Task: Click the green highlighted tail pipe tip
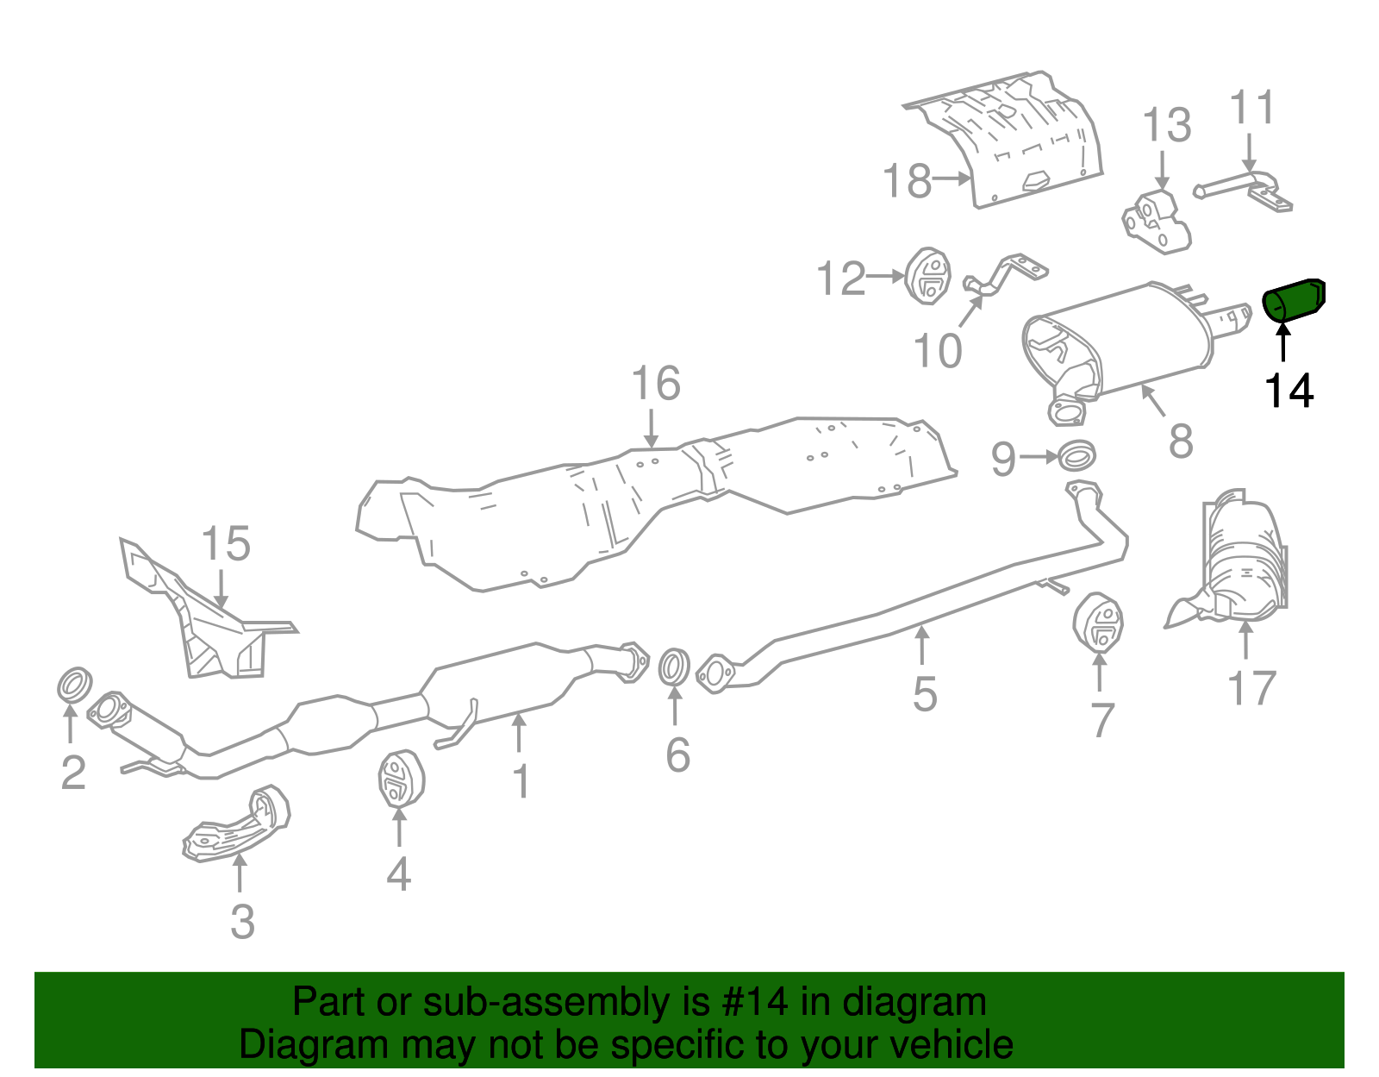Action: point(1294,299)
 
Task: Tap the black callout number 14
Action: point(1289,391)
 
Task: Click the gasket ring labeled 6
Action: point(674,668)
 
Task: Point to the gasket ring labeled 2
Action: point(74,684)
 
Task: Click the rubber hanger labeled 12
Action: point(928,276)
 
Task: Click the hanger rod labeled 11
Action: point(1245,189)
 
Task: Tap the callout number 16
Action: point(656,383)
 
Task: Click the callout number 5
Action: point(925,694)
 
